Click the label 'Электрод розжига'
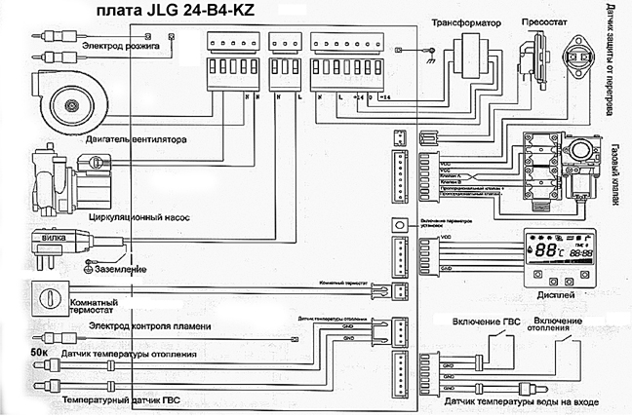pos(120,47)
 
